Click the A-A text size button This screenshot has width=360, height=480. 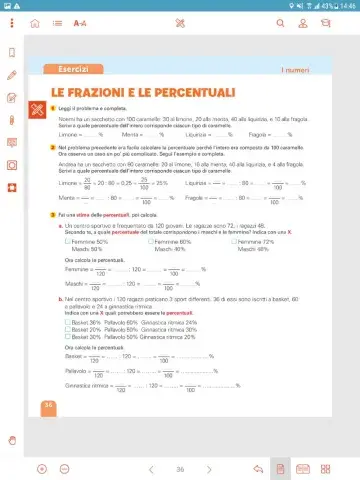click(x=80, y=22)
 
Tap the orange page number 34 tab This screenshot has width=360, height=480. click(x=48, y=405)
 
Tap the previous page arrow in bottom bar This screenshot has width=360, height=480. click(x=151, y=468)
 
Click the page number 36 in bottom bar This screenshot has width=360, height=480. click(x=180, y=468)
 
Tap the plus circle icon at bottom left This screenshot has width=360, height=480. click(x=42, y=468)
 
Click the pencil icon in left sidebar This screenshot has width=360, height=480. click(x=11, y=74)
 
